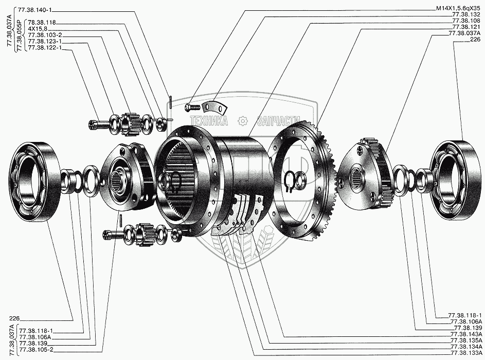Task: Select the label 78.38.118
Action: tap(42, 22)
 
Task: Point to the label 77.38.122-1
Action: tap(45, 48)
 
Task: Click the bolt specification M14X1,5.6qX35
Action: tap(458, 9)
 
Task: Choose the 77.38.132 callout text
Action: tap(466, 15)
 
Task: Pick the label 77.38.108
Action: tap(466, 21)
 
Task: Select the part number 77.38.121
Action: tap(466, 27)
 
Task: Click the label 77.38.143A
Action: tap(466, 334)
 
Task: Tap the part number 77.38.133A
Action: tap(466, 353)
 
